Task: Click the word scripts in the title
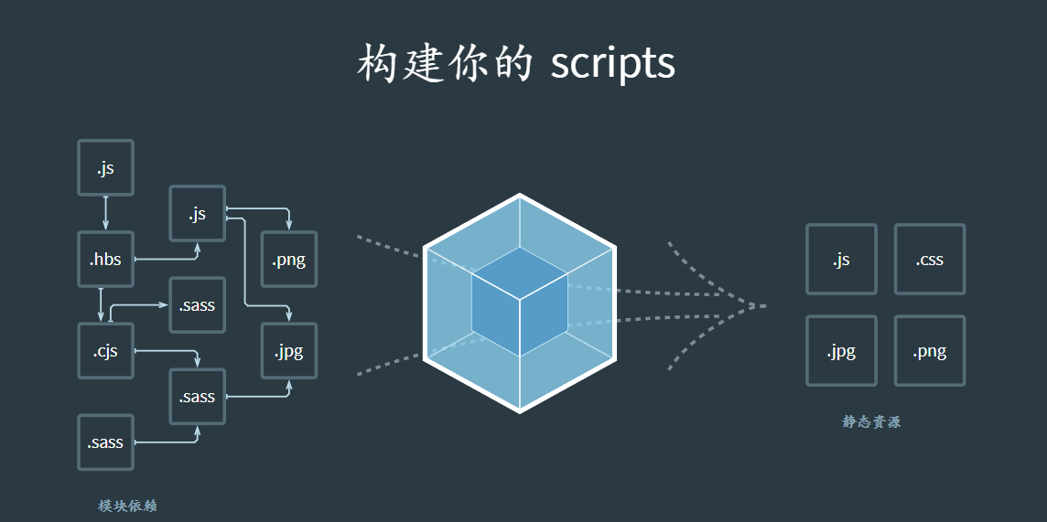[612, 63]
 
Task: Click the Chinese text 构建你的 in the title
[445, 63]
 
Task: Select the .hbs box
[106, 260]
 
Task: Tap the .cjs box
[106, 351]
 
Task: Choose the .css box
[929, 260]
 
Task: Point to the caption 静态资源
[871, 422]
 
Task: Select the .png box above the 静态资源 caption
[929, 351]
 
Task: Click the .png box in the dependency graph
[289, 260]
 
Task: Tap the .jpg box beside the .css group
[841, 351]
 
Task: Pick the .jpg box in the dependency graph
[289, 351]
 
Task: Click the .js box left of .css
[841, 260]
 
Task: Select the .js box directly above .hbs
[106, 168]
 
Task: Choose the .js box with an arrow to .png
[198, 214]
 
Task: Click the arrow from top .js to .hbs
[106, 213]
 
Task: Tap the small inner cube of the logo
[519, 302]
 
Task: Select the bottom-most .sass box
[106, 442]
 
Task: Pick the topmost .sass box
[198, 305]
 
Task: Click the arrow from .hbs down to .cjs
[101, 304]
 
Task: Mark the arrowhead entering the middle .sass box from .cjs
[198, 364]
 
